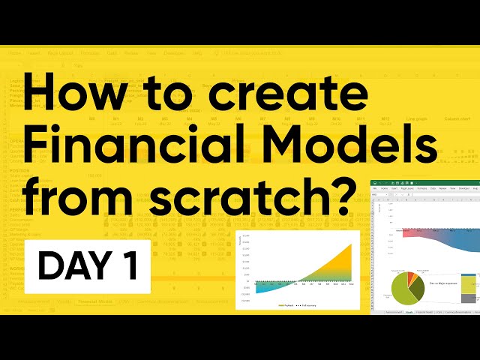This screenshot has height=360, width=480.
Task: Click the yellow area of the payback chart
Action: (x=338, y=269)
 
